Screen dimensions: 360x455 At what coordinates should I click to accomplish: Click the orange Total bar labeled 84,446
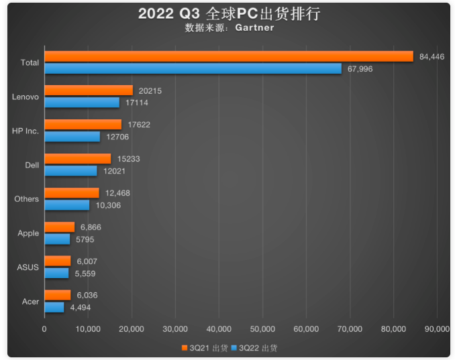[x=228, y=56]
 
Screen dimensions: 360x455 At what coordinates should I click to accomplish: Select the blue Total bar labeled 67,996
[x=193, y=68]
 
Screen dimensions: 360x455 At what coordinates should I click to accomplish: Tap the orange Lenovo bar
[x=89, y=91]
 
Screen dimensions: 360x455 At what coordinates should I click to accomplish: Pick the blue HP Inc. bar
[x=72, y=137]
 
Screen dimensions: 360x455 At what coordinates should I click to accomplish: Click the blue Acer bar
[x=54, y=307]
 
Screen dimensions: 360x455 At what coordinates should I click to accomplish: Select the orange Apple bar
[x=59, y=227]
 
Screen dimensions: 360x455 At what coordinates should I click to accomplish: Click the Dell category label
[x=32, y=165]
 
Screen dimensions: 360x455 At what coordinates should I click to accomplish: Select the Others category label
[x=27, y=199]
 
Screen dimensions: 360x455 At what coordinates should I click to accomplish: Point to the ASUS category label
[x=28, y=267]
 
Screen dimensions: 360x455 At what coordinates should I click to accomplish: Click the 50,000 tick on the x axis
[x=262, y=329]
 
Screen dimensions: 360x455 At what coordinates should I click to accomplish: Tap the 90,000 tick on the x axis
[x=437, y=329]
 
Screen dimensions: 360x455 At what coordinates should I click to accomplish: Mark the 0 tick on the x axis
[x=44, y=329]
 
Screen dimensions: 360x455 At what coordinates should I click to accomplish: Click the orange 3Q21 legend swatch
[x=184, y=348]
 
